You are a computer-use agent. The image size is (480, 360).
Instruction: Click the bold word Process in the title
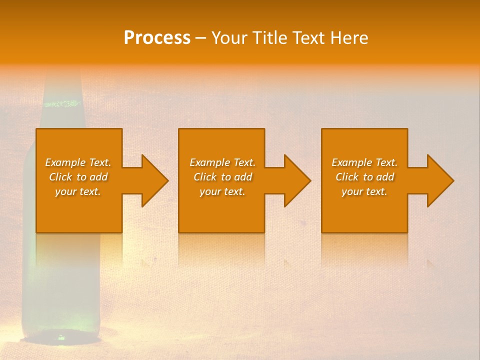coord(157,38)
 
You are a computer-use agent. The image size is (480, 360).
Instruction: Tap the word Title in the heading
coord(271,38)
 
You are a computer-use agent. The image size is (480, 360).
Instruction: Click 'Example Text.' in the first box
coord(78,162)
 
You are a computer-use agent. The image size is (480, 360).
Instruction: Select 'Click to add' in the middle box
coord(222,177)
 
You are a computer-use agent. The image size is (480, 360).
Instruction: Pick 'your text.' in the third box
coord(364,191)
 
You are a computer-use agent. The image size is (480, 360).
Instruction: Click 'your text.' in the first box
coord(78,191)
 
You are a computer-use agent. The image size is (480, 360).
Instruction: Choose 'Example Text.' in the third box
coord(364,162)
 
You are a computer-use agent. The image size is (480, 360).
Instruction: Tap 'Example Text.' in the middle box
coord(222,162)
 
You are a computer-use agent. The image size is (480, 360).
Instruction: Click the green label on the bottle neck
coord(62,104)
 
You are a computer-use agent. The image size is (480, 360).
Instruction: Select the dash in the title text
coord(200,38)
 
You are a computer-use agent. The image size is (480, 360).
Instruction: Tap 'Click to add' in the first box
coord(78,177)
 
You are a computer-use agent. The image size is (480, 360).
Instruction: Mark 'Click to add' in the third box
coord(364,177)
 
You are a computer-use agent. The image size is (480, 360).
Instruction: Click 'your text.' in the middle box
coord(222,191)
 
